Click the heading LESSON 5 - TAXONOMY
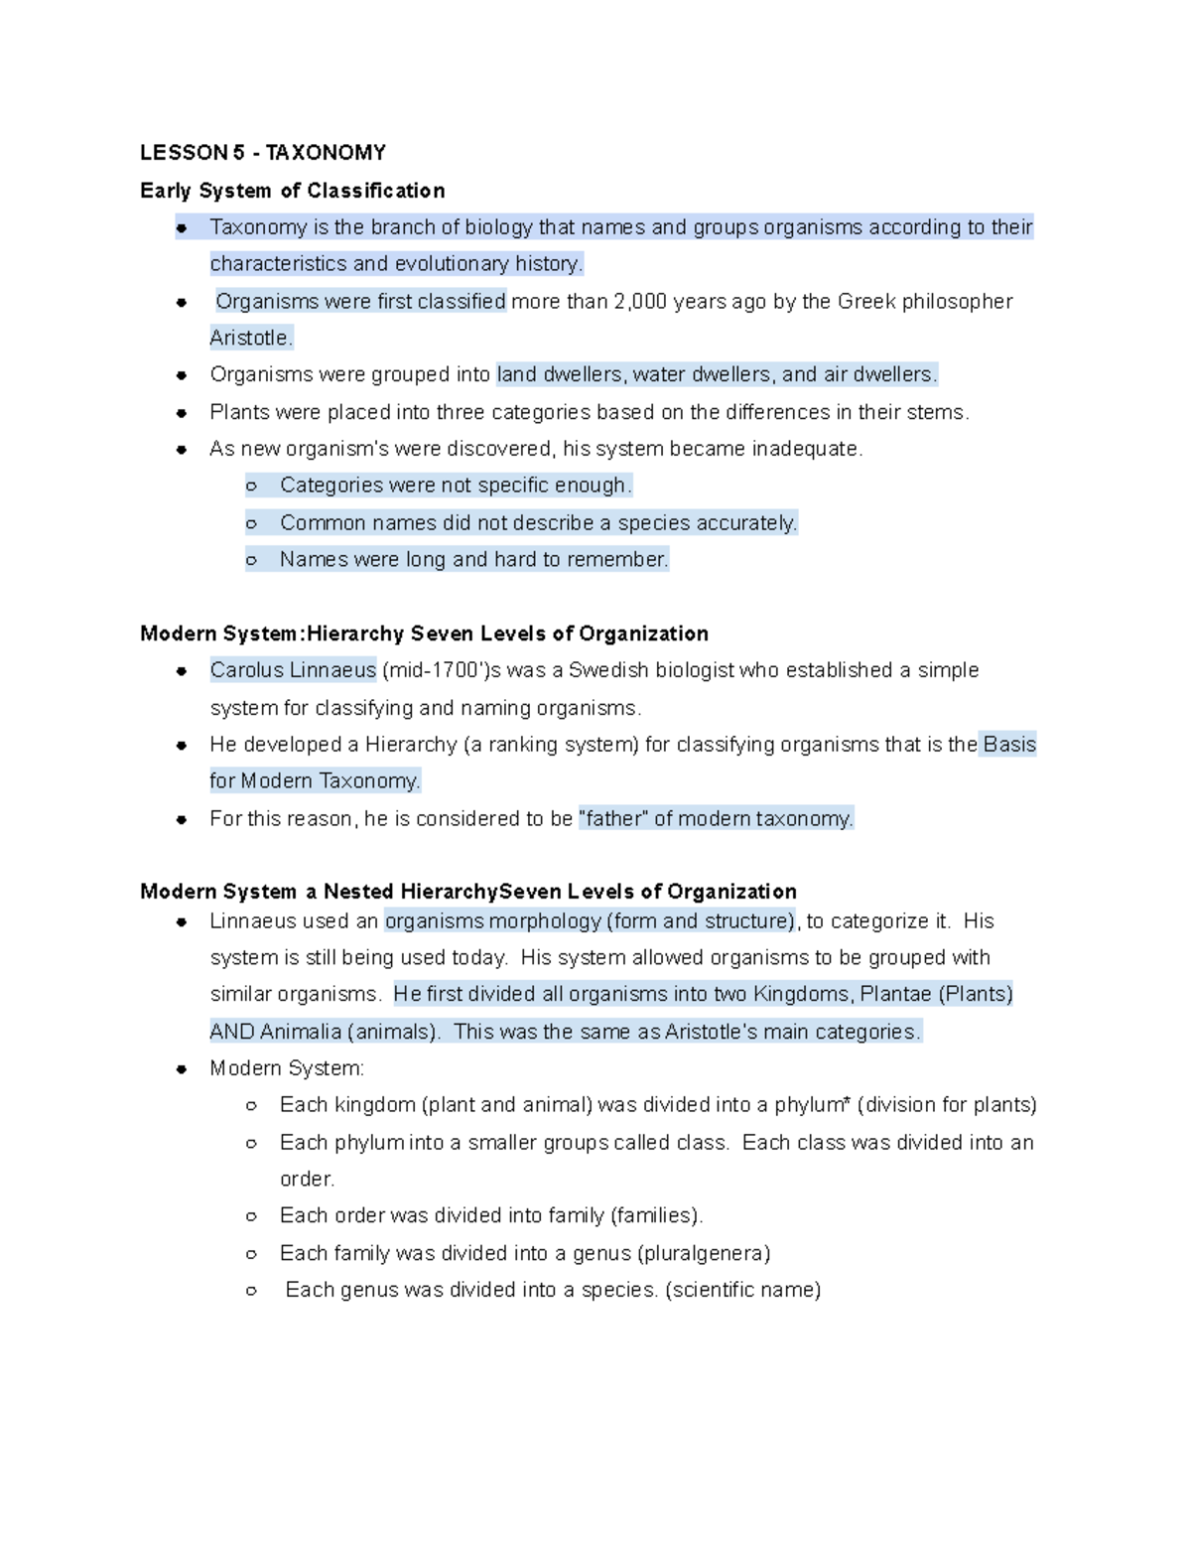pos(262,152)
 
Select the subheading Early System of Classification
pos(292,190)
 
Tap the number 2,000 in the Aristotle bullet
pos(640,301)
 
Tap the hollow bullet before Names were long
pos(252,560)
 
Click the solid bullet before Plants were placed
pos(182,412)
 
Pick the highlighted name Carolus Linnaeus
pos(293,670)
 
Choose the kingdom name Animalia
pos(301,1032)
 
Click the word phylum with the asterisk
pos(811,1105)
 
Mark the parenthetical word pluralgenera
pos(704,1253)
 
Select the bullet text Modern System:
pos(287,1068)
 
